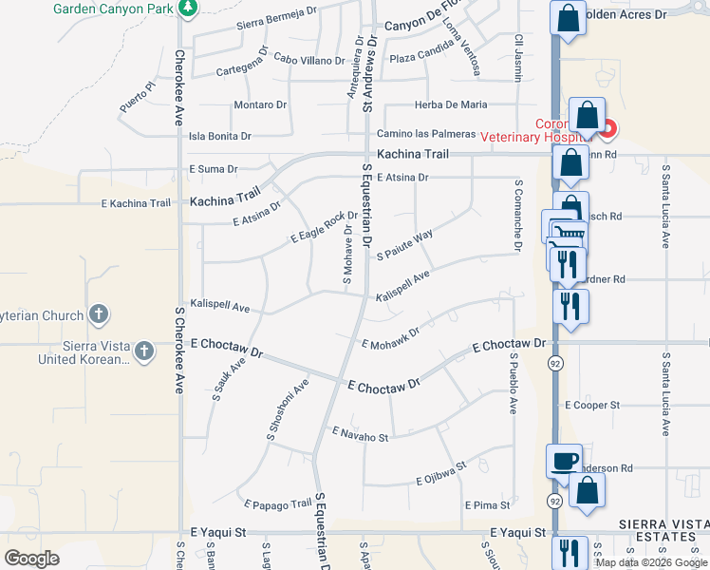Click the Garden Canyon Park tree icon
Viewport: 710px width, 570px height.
188,9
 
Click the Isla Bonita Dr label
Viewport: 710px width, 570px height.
220,137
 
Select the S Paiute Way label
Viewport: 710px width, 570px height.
404,244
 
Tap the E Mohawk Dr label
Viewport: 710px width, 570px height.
390,336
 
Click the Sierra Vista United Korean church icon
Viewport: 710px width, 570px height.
143,351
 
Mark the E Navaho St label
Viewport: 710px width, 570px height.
360,434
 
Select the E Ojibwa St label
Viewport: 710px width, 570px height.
441,474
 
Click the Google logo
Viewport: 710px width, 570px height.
31,559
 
